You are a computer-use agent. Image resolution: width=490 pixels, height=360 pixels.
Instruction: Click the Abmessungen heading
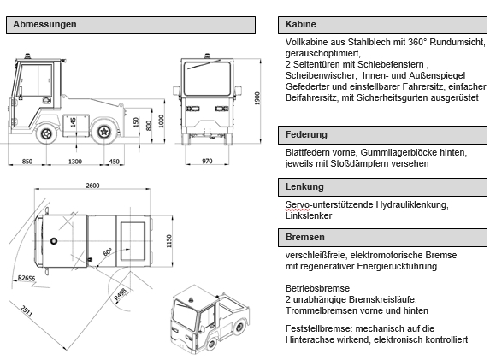tap(45, 25)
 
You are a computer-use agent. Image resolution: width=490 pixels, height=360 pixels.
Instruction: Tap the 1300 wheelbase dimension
tap(75, 161)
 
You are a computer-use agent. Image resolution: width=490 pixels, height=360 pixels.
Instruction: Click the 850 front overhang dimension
tap(27, 161)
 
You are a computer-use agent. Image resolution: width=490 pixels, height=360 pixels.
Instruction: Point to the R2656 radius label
tap(27, 278)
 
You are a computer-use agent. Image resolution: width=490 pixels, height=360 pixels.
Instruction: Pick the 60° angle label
tap(107, 253)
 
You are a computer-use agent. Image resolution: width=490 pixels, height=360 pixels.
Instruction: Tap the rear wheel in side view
tap(105, 132)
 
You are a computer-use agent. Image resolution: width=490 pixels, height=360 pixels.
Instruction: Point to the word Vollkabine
tap(308, 42)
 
